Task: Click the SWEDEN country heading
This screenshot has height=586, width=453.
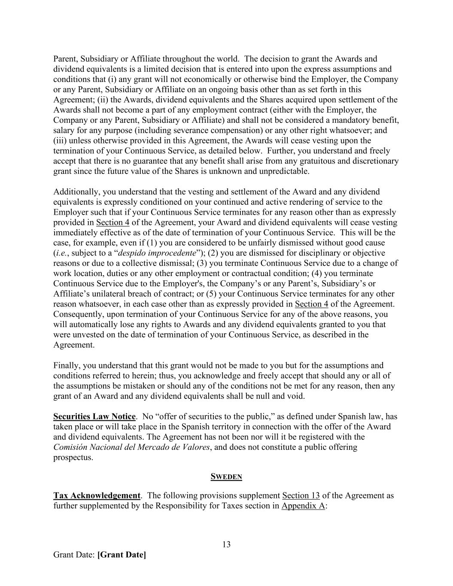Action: click(226, 477)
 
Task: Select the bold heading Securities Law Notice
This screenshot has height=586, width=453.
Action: click(94, 416)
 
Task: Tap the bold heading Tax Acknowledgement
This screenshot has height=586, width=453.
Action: click(97, 495)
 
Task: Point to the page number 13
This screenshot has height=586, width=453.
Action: click(226, 544)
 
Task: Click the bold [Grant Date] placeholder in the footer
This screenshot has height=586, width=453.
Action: click(122, 555)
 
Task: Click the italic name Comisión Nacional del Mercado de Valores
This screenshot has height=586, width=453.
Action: click(132, 447)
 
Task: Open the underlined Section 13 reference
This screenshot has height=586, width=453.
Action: click(301, 495)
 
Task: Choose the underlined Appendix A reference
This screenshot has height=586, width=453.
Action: click(303, 506)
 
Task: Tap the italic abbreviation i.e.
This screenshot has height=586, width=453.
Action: click(61, 253)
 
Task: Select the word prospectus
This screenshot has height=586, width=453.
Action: click(73, 457)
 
